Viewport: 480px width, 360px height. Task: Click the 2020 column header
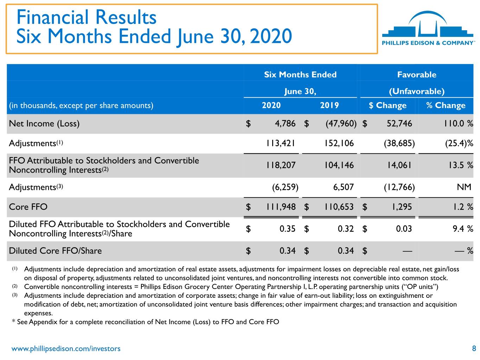(271, 105)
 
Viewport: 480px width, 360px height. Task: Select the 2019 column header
(329, 105)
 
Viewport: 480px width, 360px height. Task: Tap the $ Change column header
(388, 105)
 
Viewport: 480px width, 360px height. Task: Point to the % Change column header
(446, 105)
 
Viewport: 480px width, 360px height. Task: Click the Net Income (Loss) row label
(44, 124)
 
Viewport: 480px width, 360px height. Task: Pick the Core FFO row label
(28, 207)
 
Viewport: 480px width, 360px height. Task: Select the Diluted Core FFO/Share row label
(55, 251)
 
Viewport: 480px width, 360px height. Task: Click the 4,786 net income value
(285, 124)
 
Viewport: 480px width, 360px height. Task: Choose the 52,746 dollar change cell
(399, 124)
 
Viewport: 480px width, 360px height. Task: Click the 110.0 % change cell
(458, 124)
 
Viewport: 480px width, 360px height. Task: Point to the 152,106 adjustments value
(339, 143)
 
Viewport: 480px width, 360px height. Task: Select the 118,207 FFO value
(281, 165)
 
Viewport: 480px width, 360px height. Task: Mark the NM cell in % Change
(464, 187)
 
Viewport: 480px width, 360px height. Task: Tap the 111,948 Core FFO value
(281, 207)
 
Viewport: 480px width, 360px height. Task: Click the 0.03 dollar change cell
(404, 229)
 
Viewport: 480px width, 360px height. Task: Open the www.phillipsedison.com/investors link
(66, 349)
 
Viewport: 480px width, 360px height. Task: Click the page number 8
(474, 348)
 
